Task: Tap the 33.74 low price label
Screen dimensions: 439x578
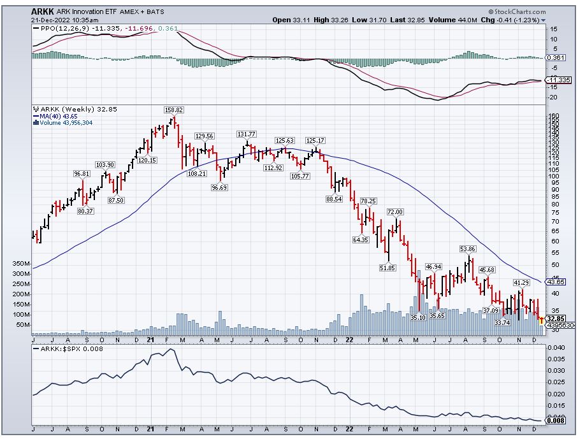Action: (503, 322)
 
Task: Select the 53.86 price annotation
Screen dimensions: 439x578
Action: (468, 248)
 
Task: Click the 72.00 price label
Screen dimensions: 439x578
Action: (396, 212)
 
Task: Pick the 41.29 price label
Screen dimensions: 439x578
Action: (521, 282)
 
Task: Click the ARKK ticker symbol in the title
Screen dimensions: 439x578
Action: (43, 11)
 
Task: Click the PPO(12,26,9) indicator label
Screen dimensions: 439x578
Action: (54, 28)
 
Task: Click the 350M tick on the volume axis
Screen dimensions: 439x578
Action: (20, 263)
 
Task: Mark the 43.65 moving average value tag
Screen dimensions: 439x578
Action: (556, 282)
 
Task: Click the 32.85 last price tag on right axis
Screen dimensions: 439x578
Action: (556, 318)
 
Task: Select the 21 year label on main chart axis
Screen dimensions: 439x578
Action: (151, 340)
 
